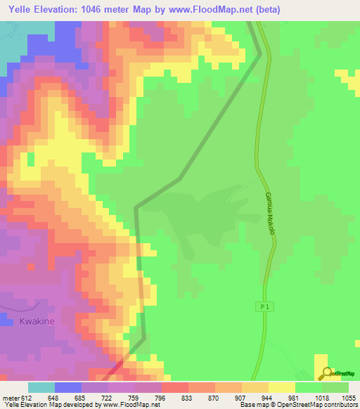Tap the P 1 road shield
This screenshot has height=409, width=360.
[259, 306]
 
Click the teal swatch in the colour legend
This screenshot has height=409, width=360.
[41, 387]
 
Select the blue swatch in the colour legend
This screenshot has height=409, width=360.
[67, 387]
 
